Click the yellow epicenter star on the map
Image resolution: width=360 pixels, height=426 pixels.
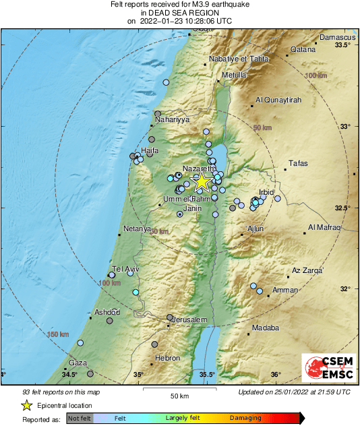click(202, 181)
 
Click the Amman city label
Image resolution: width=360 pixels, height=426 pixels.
click(284, 290)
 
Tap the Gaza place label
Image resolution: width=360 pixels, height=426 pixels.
click(78, 362)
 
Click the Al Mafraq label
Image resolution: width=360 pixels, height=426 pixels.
click(324, 227)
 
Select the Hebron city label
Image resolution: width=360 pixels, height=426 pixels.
click(167, 359)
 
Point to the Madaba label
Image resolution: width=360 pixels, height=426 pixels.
click(265, 328)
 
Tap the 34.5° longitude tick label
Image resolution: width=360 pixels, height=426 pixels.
click(69, 374)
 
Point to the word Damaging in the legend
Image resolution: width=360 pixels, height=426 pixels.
click(245, 418)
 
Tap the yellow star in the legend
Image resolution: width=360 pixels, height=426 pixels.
click(26, 406)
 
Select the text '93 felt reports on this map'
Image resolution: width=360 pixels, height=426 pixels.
click(61, 392)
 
